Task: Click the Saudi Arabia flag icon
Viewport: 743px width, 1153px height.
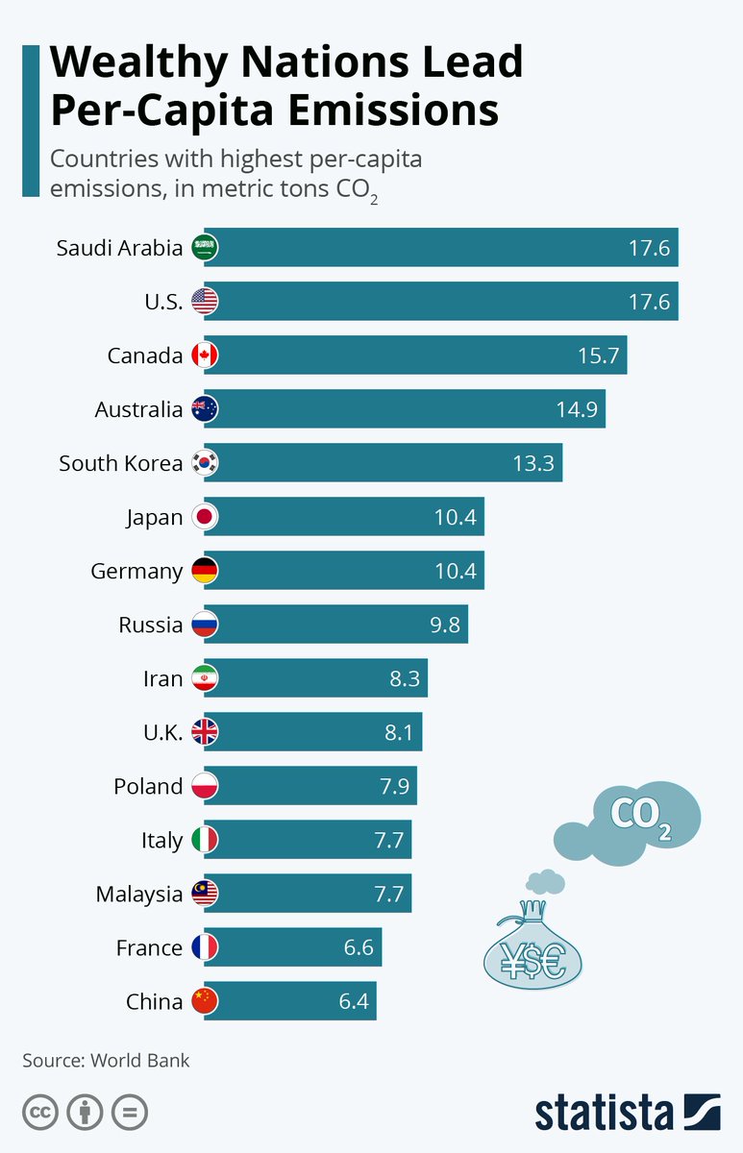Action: click(205, 248)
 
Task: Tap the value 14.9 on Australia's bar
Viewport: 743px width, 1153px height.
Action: click(577, 409)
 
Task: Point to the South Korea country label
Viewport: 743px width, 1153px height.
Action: click(120, 463)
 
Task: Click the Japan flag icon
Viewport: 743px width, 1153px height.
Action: click(205, 517)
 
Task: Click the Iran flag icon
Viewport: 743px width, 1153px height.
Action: click(205, 678)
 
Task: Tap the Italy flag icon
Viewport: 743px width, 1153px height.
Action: click(205, 840)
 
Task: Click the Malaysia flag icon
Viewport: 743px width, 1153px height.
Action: click(205, 894)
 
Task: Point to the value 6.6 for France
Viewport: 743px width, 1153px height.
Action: click(358, 947)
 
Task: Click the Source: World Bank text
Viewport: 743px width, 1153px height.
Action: click(106, 1061)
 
